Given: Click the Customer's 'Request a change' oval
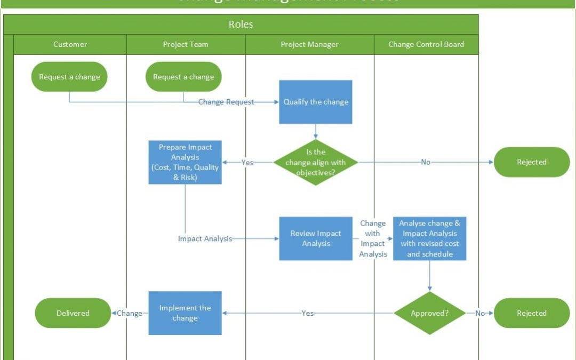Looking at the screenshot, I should (x=69, y=77).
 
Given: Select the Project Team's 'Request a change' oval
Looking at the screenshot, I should (x=183, y=77).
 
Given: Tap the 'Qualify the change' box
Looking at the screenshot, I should (x=316, y=102).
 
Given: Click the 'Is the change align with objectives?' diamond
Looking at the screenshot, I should (x=315, y=162).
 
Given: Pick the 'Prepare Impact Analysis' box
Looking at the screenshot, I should (x=185, y=162).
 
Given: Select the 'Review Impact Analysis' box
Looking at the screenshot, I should (x=316, y=238).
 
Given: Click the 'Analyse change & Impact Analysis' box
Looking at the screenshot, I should (x=429, y=238).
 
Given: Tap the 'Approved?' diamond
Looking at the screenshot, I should (x=429, y=313).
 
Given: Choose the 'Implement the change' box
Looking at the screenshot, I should (x=185, y=313).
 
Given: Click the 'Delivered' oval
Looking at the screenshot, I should (x=73, y=313).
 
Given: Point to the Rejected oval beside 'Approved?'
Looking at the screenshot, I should (x=531, y=313).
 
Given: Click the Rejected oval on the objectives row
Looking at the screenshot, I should (x=531, y=162).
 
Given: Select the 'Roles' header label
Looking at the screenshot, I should (x=241, y=25).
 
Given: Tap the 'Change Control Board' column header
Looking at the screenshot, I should (x=426, y=44).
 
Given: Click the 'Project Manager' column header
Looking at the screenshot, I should (x=309, y=44).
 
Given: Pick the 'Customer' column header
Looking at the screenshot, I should (x=70, y=44).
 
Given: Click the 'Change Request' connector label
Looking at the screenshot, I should (x=226, y=102).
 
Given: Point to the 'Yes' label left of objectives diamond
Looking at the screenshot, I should (x=247, y=162).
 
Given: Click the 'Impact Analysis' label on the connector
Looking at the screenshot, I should (x=205, y=239).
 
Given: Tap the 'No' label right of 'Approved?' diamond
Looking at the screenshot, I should (x=480, y=313).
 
